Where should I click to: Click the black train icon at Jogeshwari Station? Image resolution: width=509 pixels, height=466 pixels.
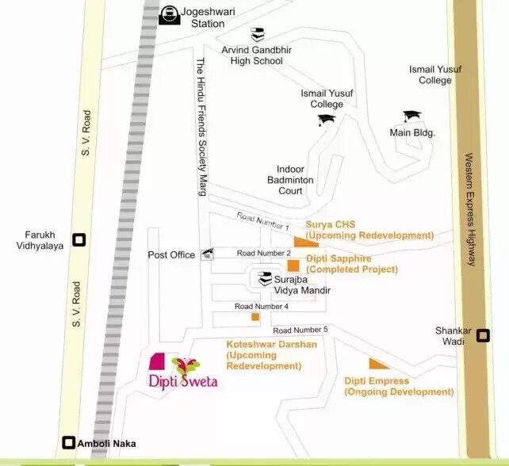tap(169, 14)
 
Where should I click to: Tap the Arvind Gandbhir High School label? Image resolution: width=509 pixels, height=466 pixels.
tap(251, 55)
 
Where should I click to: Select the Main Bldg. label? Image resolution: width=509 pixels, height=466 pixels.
tap(412, 133)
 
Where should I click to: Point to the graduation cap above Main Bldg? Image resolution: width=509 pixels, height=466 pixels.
tap(410, 116)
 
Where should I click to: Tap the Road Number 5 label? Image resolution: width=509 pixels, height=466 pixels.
tap(300, 330)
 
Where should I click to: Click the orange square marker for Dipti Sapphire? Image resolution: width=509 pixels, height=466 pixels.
tap(293, 265)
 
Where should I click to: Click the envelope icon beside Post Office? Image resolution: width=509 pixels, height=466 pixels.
tap(208, 254)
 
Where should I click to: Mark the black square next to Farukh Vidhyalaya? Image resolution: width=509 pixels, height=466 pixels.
tap(78, 239)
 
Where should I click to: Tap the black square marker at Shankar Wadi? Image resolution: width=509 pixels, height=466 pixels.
tap(482, 336)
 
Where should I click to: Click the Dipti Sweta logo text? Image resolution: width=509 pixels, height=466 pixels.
tap(183, 380)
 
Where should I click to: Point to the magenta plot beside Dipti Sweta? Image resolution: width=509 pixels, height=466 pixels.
tap(159, 361)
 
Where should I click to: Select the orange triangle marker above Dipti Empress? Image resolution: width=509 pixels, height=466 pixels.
tap(378, 364)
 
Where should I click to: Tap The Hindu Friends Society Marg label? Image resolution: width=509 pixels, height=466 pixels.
tap(201, 127)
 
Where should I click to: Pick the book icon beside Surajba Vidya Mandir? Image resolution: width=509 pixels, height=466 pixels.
tap(264, 279)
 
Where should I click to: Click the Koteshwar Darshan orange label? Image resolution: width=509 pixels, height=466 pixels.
tap(271, 355)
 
